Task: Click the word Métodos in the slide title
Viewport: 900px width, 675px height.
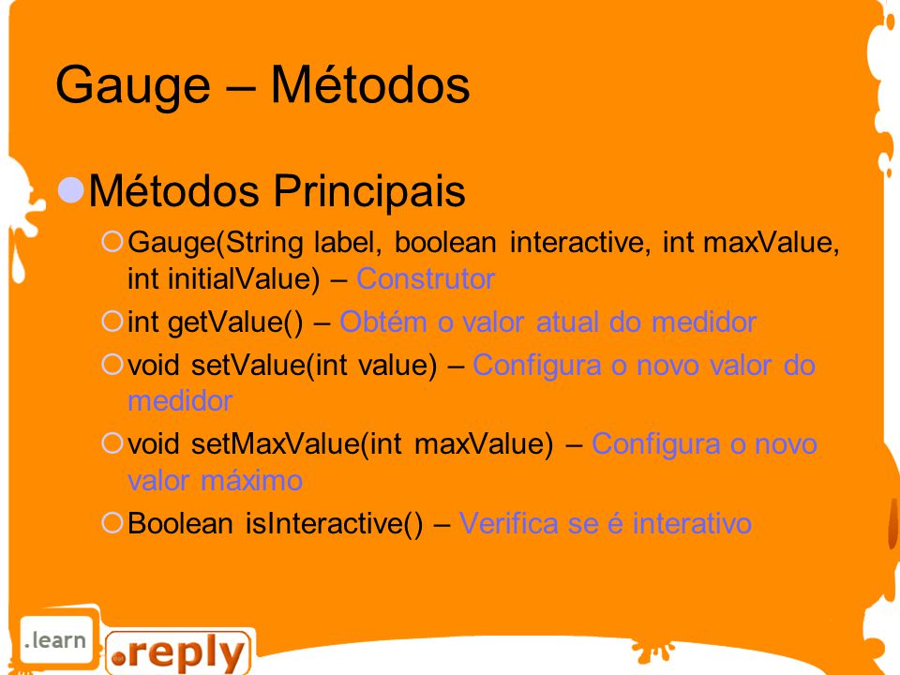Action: (370, 84)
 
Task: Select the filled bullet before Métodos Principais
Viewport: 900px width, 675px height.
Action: (71, 190)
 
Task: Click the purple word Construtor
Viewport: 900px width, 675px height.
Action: (426, 279)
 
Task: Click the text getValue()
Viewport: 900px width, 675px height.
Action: (235, 322)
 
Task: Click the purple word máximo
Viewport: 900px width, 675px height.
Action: (251, 480)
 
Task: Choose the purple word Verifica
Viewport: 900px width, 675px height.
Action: (508, 523)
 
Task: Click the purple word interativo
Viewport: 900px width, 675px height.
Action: (692, 523)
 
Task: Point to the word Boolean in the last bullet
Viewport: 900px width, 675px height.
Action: (180, 523)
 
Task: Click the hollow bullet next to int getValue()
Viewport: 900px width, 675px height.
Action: (112, 321)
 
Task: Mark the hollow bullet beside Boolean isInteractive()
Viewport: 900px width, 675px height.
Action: (112, 522)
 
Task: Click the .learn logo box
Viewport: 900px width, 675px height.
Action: (55, 640)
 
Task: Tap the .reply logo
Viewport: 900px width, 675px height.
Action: (179, 652)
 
